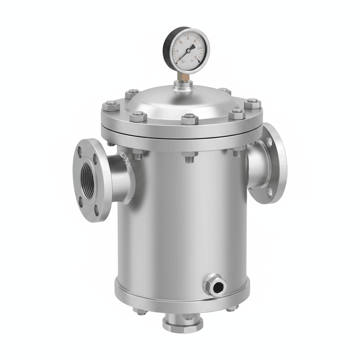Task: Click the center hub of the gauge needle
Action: (x=188, y=51)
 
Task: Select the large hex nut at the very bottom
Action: (x=183, y=323)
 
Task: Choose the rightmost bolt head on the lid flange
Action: (x=253, y=103)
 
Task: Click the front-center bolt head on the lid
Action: (x=190, y=118)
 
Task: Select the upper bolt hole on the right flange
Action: (x=269, y=142)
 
